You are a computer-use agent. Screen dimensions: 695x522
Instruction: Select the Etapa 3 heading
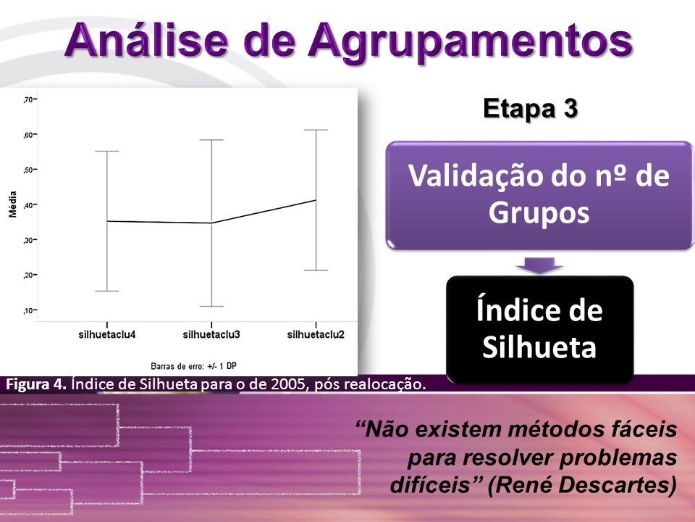click(x=530, y=109)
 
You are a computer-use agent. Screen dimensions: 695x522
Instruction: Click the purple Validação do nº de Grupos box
click(x=539, y=195)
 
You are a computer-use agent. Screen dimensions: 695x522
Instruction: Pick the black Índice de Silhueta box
click(x=539, y=329)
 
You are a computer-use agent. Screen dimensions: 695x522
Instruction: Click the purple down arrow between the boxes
click(x=539, y=265)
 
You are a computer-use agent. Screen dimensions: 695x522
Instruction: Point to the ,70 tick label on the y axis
click(x=28, y=99)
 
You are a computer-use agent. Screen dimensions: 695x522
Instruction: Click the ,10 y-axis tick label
click(x=28, y=310)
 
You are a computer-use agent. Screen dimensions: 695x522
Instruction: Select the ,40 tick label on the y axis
click(x=28, y=204)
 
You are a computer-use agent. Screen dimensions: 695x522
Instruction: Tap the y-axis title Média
click(x=13, y=204)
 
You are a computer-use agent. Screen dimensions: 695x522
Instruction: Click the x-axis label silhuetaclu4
click(x=107, y=335)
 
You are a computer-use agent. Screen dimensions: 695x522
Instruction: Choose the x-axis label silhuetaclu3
click(x=211, y=335)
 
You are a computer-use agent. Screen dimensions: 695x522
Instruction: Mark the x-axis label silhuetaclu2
click(x=316, y=335)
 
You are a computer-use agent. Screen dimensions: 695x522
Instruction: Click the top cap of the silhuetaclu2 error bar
click(x=316, y=130)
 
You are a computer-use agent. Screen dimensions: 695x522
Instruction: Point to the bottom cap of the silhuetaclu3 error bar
click(x=211, y=306)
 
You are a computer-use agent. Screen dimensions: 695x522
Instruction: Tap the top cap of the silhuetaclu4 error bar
click(x=107, y=152)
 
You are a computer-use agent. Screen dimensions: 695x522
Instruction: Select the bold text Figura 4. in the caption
click(x=36, y=384)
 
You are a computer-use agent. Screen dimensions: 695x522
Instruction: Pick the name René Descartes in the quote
click(x=581, y=485)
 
